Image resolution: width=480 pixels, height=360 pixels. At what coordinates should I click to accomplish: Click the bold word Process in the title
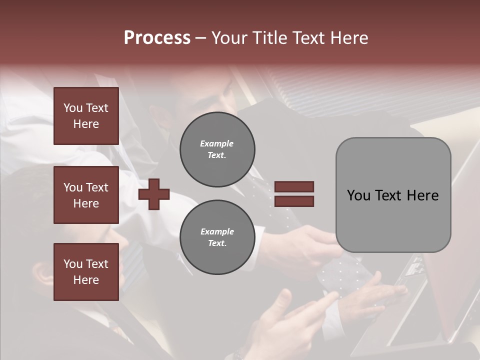click(x=157, y=38)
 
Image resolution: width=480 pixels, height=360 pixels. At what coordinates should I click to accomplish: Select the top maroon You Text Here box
click(x=86, y=116)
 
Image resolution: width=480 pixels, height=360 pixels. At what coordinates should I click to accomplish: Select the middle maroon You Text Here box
click(x=86, y=195)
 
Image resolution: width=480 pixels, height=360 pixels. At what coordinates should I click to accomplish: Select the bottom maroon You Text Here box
click(x=86, y=272)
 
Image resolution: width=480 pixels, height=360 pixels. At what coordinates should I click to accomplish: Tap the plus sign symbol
click(x=153, y=194)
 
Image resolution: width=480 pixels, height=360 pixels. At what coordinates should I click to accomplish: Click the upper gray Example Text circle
click(x=217, y=149)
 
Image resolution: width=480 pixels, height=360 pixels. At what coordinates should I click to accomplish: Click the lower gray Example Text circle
click(x=217, y=237)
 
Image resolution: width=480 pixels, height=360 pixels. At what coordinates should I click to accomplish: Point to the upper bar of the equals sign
click(x=294, y=186)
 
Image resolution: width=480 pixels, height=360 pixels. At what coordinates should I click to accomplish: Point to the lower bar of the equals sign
click(x=294, y=201)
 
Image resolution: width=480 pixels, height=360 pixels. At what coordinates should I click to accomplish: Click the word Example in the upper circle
click(x=217, y=144)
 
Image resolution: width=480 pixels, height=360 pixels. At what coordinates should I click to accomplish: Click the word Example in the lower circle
click(x=217, y=232)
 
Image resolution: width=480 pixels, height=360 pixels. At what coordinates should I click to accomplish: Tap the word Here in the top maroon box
click(x=86, y=124)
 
